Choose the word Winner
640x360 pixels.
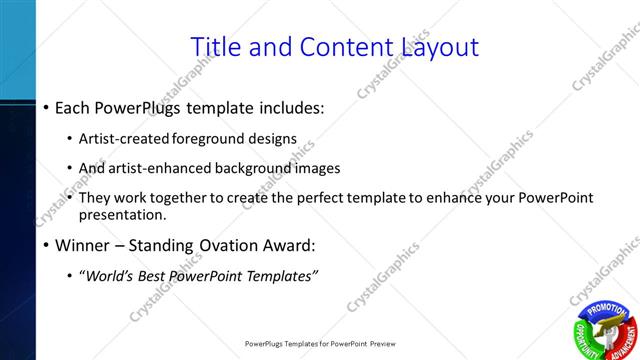coord(83,245)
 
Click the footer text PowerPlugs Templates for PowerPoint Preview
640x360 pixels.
coord(320,344)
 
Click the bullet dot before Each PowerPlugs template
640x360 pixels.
coord(47,107)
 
